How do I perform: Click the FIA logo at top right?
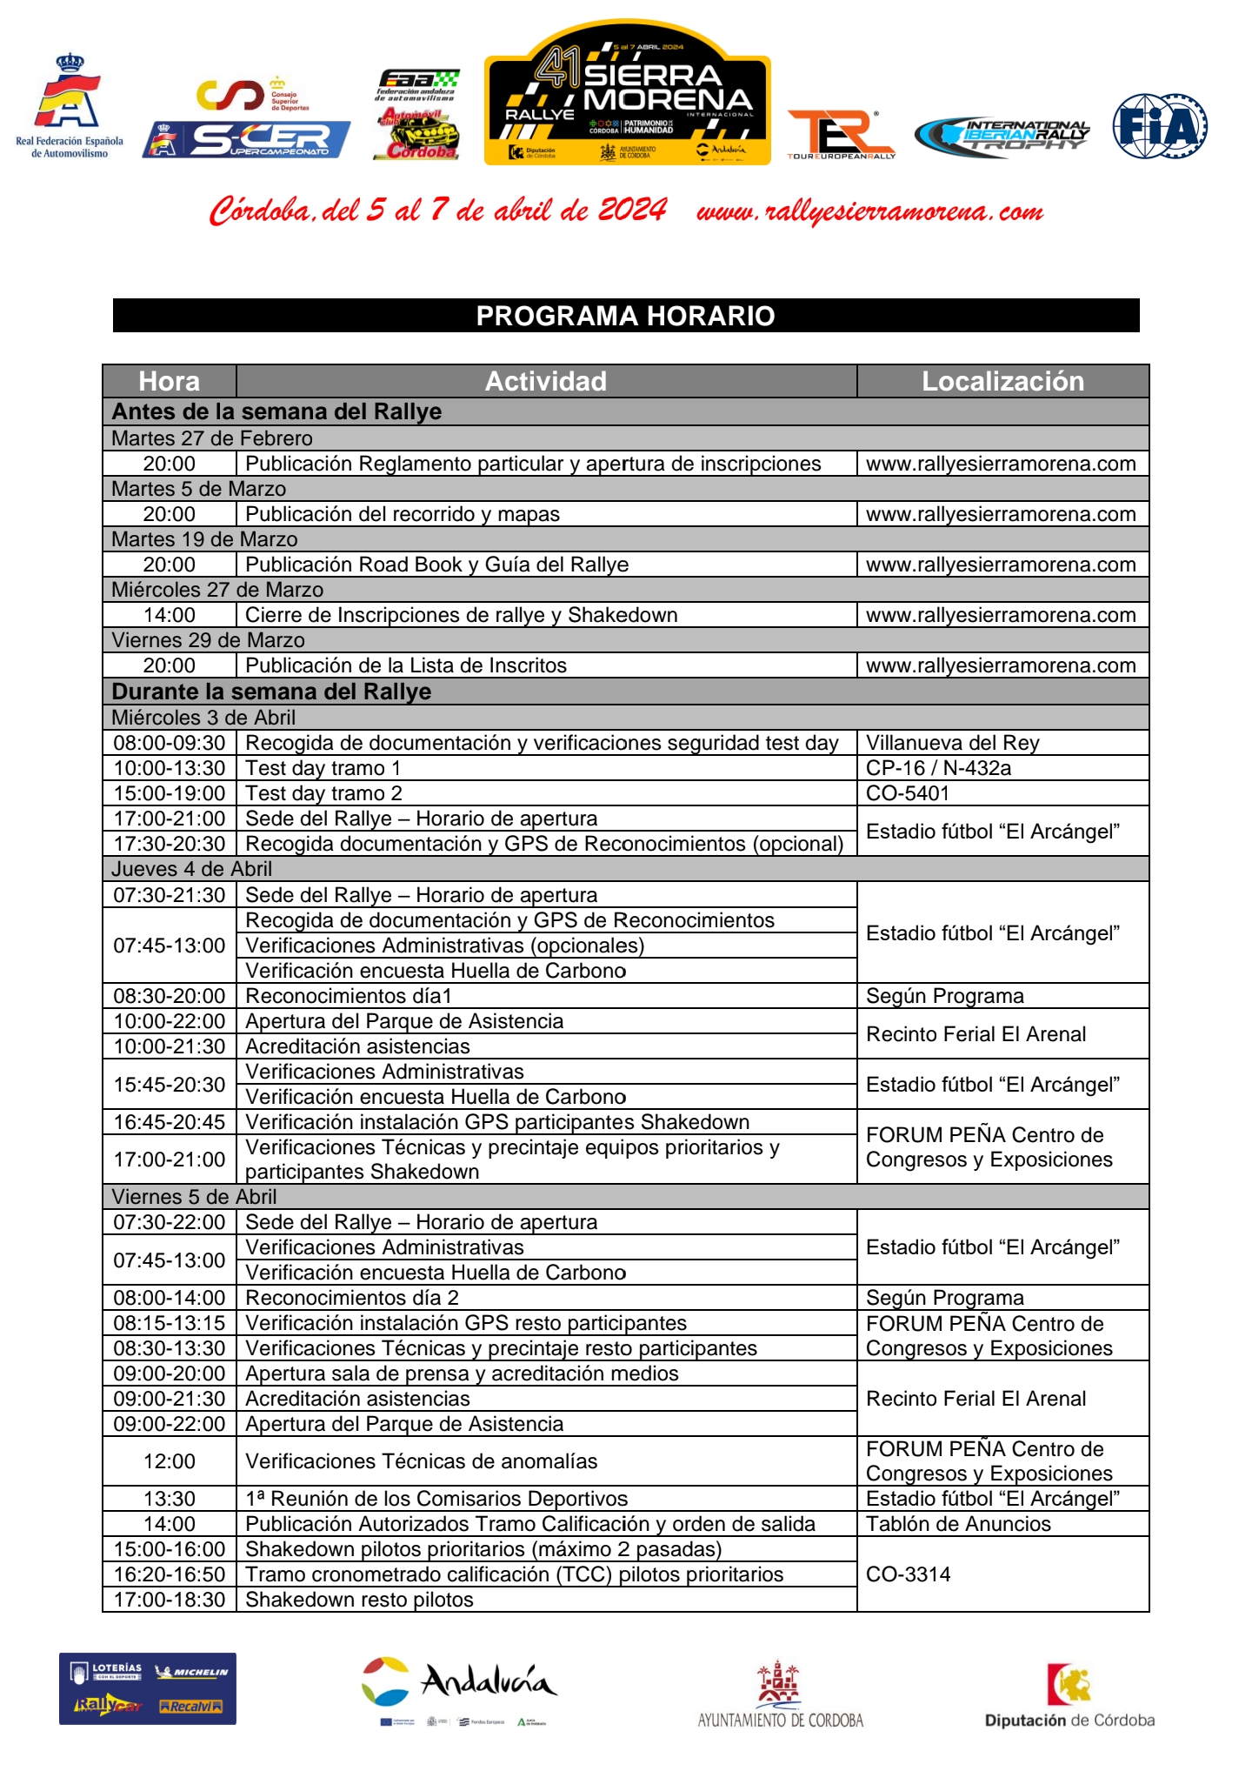1160,126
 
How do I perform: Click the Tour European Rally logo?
840,135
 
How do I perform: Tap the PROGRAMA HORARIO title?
625,315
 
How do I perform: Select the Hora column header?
170,381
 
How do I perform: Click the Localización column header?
1002,381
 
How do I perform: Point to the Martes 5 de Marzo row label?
199,489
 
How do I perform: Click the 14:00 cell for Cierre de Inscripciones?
170,615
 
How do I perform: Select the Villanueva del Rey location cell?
952,743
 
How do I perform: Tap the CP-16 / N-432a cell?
938,768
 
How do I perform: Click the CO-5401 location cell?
908,793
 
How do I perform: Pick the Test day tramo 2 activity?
323,793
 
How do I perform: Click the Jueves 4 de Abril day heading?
192,869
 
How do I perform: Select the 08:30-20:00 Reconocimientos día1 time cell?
170,996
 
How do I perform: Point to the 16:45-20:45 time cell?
170,1122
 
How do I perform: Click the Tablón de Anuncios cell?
958,1524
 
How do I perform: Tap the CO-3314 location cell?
908,1574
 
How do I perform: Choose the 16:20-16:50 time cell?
170,1574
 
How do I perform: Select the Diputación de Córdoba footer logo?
1069,1696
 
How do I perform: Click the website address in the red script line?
869,211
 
